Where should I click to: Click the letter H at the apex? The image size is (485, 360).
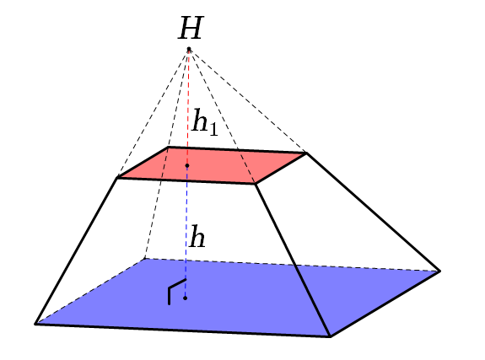point(191,28)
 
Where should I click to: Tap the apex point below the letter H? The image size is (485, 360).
point(189,49)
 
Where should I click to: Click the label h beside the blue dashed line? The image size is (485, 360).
point(197,236)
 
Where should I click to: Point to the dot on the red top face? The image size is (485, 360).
point(187,166)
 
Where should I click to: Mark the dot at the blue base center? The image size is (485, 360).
point(185,298)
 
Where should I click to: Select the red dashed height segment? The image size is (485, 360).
point(188,107)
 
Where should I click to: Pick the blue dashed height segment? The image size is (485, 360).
point(186,232)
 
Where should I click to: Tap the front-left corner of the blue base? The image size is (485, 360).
point(35,324)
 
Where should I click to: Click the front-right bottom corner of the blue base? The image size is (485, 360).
point(330,336)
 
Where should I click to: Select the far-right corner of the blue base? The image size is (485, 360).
point(440,271)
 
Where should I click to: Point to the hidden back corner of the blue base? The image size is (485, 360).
point(144,259)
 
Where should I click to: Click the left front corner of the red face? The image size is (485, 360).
point(117,178)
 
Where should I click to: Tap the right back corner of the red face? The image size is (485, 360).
point(306,153)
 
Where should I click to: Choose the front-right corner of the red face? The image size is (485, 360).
point(256,184)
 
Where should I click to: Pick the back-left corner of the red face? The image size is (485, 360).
point(168,147)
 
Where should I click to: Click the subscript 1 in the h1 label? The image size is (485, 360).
point(213,130)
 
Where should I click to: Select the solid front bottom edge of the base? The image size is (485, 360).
point(182,330)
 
